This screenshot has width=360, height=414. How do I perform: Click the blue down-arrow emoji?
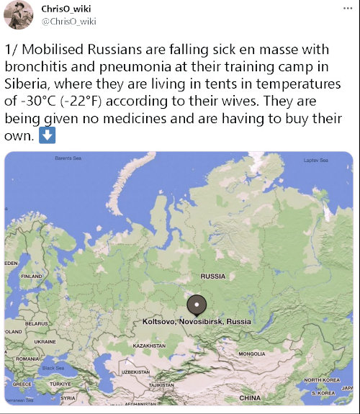(48, 135)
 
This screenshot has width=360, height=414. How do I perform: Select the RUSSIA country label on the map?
(213, 276)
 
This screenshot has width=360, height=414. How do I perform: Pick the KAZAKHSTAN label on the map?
(153, 346)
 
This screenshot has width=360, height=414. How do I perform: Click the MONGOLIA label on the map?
(252, 354)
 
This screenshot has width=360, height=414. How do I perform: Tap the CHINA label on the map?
(251, 397)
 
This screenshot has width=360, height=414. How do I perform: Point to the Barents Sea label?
(68, 158)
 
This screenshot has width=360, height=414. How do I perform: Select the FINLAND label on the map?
(32, 276)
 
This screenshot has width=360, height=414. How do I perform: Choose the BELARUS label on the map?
(37, 323)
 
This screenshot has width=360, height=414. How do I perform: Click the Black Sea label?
(53, 368)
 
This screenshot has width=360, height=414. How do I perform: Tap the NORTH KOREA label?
(321, 379)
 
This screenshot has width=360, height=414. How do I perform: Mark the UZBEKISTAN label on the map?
(135, 372)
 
